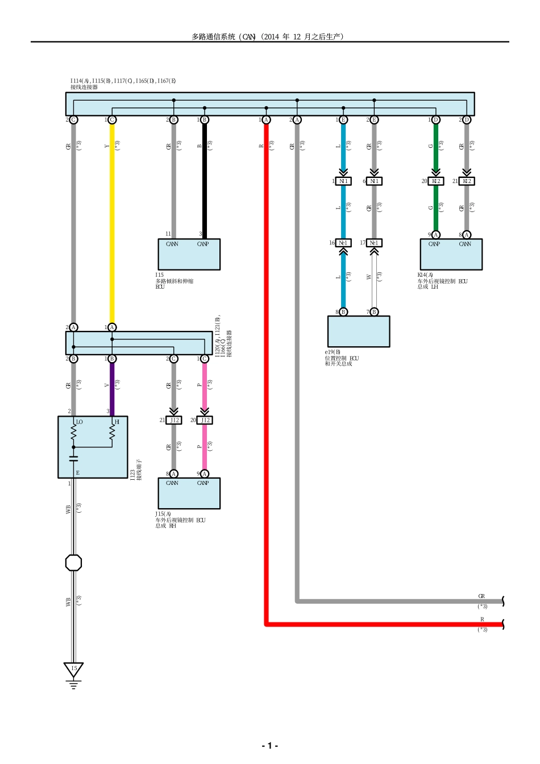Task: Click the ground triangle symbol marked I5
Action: [x=73, y=670]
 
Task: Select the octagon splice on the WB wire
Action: [x=73, y=563]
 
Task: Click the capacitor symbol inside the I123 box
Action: [x=73, y=458]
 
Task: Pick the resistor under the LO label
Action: [x=73, y=433]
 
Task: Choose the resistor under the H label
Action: [x=112, y=433]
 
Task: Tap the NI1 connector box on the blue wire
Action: [x=343, y=181]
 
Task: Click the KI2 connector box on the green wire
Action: [x=436, y=181]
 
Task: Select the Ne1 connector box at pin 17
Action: [x=373, y=243]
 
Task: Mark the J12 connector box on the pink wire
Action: [x=205, y=420]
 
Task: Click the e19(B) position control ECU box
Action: [x=359, y=331]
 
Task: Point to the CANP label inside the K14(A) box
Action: [x=434, y=244]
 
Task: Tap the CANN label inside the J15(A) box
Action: [x=172, y=483]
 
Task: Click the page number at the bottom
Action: [x=269, y=745]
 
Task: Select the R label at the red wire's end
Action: [x=482, y=620]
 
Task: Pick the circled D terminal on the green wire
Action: [x=436, y=120]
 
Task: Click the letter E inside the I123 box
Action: [x=78, y=473]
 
